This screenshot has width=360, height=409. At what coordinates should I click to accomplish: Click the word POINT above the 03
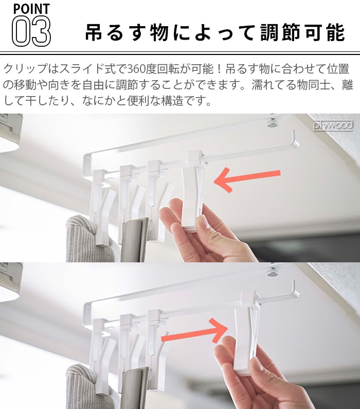coord(31,9)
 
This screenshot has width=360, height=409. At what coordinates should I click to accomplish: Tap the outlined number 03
coord(31,31)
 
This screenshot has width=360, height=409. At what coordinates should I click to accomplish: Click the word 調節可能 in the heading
coord(302,32)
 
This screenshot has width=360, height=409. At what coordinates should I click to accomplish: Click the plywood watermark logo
coord(333,126)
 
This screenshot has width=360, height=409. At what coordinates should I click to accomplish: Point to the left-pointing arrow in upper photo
coord(247,179)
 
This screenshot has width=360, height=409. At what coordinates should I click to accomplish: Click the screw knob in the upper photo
coord(273,123)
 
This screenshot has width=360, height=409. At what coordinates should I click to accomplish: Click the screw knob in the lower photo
coord(273,271)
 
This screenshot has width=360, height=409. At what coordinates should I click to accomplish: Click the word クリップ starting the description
coord(25,69)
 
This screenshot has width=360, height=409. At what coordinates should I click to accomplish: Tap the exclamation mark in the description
coord(219,69)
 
